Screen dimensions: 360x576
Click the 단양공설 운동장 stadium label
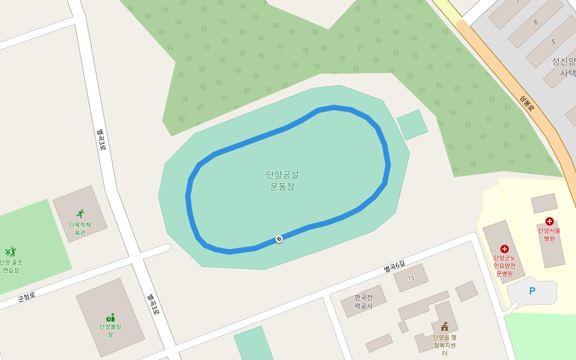[x=282, y=180]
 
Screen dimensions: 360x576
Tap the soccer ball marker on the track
[x=279, y=239]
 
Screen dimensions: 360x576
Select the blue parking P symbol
[x=532, y=291]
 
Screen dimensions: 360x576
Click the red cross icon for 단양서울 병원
[x=549, y=221]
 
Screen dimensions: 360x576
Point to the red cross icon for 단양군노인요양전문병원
[x=504, y=248]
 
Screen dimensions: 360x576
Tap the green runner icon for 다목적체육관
[x=80, y=214]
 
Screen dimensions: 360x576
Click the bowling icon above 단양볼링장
[x=110, y=317]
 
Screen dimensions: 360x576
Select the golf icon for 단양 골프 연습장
[x=10, y=252]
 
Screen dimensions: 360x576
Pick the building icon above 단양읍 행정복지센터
[x=445, y=326]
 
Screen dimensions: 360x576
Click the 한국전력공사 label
[x=363, y=301]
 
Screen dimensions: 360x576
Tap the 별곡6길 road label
[x=395, y=267]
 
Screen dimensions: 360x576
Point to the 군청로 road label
[x=26, y=296]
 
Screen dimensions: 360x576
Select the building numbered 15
[x=411, y=278]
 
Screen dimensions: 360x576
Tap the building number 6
[x=536, y=22]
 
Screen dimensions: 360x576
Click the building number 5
[x=553, y=42]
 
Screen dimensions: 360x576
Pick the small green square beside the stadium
[x=412, y=125]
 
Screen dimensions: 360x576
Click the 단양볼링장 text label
[x=110, y=330]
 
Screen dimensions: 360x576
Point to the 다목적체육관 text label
[x=80, y=229]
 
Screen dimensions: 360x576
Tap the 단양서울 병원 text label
[x=549, y=234]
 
